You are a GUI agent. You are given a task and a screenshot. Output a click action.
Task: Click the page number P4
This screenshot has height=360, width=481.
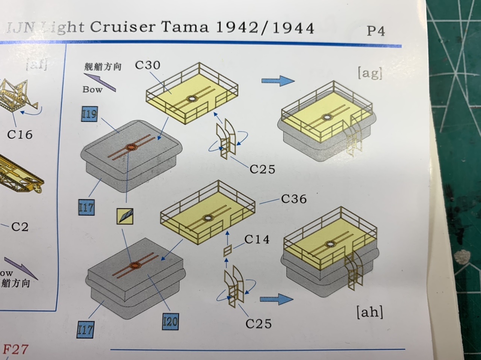click(x=375, y=31)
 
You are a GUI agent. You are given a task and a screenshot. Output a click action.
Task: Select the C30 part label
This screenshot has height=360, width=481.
click(x=147, y=65)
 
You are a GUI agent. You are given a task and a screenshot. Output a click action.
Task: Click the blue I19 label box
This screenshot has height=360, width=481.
click(x=89, y=113)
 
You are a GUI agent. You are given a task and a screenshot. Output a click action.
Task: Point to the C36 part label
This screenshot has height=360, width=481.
click(x=293, y=198)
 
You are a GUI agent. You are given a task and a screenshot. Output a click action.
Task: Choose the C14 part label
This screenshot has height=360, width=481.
click(x=257, y=239)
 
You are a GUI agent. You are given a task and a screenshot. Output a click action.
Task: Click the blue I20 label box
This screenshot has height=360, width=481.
click(x=170, y=321)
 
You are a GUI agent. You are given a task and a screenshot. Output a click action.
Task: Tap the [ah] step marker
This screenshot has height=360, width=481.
click(x=369, y=312)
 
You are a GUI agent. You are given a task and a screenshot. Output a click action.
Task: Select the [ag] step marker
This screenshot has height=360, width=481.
click(x=370, y=73)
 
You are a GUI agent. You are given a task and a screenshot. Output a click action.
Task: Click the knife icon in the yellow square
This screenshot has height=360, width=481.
click(x=125, y=216)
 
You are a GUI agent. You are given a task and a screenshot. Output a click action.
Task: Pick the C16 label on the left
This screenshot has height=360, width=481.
click(x=20, y=134)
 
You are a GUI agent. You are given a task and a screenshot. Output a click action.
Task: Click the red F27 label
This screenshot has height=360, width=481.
click(x=15, y=349)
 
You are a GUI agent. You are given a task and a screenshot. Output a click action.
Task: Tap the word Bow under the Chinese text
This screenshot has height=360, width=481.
click(x=92, y=89)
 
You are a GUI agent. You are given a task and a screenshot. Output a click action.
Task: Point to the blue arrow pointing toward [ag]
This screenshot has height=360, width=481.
click(x=278, y=80)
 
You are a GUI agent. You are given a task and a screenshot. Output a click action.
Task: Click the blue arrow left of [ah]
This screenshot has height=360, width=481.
click(x=276, y=299)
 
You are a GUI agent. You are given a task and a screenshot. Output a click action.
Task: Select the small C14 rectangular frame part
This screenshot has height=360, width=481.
click(x=227, y=251)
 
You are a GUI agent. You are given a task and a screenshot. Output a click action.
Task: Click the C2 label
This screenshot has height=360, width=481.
click(x=20, y=227)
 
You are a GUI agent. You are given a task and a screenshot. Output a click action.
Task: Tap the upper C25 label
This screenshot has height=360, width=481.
click(x=262, y=169)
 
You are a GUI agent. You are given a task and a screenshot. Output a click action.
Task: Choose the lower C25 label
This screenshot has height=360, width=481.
click(x=258, y=324)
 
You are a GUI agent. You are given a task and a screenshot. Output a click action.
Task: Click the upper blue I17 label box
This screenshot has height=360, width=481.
click(x=86, y=207)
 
